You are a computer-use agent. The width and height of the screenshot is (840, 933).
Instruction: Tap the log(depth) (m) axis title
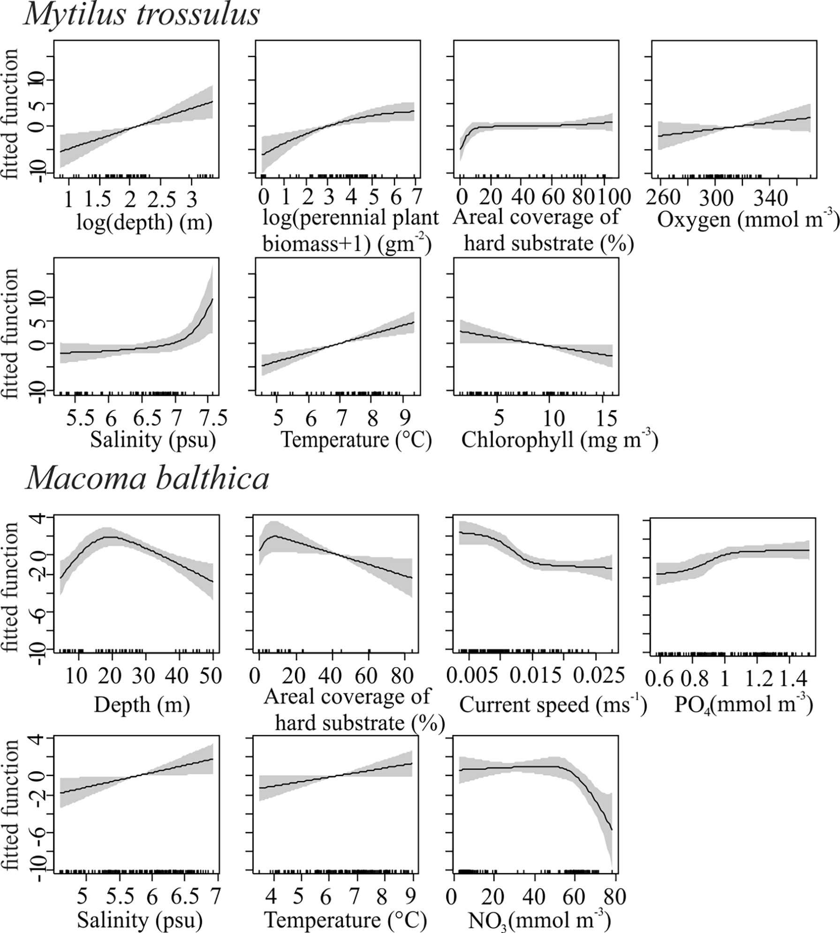(144, 222)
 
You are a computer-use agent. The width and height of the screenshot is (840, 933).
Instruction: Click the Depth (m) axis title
(142, 705)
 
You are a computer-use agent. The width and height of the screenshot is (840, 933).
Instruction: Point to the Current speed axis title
(552, 705)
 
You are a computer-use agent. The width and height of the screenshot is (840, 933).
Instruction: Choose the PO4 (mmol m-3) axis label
(743, 705)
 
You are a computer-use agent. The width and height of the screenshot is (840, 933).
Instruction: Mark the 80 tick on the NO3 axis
(613, 896)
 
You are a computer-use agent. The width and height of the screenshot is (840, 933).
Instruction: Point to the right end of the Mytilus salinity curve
(212, 299)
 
